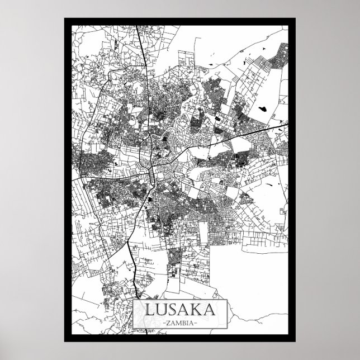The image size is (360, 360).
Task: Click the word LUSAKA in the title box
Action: (180, 310)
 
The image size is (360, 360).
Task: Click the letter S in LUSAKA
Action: (174, 311)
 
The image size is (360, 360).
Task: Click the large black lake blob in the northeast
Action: (262, 106)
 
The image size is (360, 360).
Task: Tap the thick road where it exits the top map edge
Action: (138, 25)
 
